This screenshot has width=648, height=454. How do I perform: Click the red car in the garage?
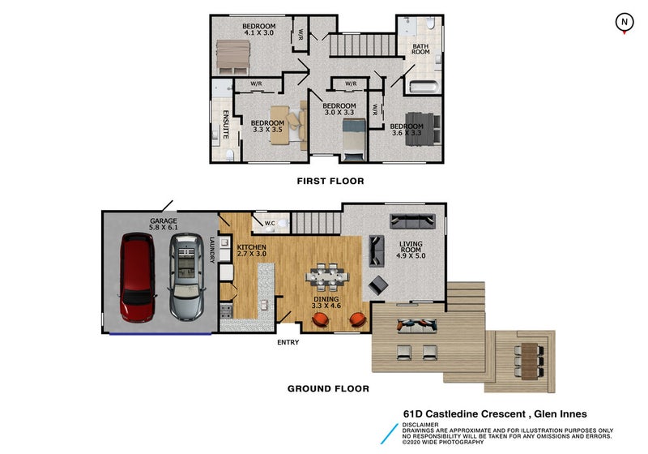pos(138,277)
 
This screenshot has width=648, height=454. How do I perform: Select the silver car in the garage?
pos(186,277)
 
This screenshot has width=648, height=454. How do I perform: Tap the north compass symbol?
pos(624,23)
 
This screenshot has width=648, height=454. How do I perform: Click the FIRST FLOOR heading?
pos(330,181)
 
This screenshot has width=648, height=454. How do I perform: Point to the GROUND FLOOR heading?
pos(328,388)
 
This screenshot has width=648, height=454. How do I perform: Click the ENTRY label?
pos(288,342)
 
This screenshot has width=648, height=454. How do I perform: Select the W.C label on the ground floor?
pos(270,223)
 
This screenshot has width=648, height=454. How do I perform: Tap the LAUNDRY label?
pos(212,250)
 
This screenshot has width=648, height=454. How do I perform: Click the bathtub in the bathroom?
pos(424,87)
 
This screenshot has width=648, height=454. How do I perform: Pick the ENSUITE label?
pos(226,125)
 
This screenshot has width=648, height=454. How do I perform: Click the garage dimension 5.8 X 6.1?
pos(164,228)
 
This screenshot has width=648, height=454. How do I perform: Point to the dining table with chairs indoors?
pos(327,276)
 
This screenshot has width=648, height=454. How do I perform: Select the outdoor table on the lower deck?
pos(529,361)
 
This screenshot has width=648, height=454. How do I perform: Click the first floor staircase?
pos(362,45)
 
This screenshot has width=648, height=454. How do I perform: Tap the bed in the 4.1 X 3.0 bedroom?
pos(232,57)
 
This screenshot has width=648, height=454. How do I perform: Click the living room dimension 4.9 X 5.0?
pos(411,256)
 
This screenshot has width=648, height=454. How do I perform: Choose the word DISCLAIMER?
pos(420,425)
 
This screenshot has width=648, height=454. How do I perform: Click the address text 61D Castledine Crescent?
pos(464,414)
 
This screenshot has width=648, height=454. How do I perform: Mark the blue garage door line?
pos(160,334)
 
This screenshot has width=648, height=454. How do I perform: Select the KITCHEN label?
pos(251,247)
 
